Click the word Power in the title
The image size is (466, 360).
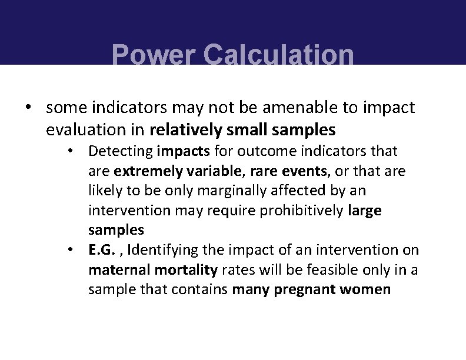153,56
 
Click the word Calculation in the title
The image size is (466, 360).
278,56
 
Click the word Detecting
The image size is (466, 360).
120,151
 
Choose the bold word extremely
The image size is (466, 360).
147,171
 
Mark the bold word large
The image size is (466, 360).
365,211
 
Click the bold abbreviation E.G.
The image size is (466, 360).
101,250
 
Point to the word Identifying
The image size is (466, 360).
162,250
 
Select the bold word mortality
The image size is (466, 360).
183,270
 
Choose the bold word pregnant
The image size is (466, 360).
305,289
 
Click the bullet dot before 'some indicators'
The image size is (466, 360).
27,108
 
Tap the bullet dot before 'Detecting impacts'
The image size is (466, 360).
70,151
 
